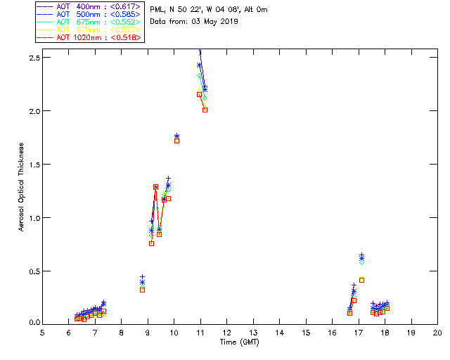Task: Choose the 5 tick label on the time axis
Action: click(42, 332)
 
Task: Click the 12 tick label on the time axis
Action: click(226, 332)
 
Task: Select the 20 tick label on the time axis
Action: click(437, 332)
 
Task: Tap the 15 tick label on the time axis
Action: click(306, 332)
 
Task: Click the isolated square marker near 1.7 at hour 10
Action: click(176, 141)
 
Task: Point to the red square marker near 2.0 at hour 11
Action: click(205, 110)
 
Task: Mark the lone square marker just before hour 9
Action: click(142, 290)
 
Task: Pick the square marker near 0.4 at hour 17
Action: click(361, 280)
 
